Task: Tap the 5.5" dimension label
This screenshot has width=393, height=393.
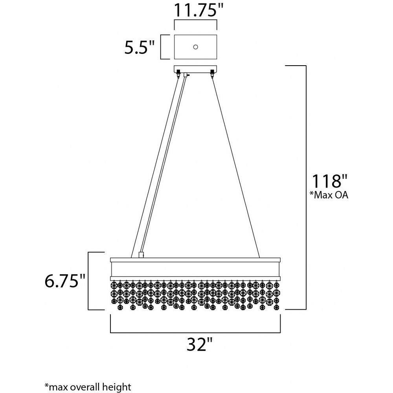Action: pyautogui.click(x=140, y=47)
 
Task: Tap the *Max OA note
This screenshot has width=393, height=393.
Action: pyautogui.click(x=328, y=195)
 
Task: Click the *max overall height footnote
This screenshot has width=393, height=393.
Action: pyautogui.click(x=88, y=386)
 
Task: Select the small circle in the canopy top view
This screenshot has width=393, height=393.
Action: pyautogui.click(x=195, y=47)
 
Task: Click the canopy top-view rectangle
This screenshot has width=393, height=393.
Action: pyautogui.click(x=195, y=35)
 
